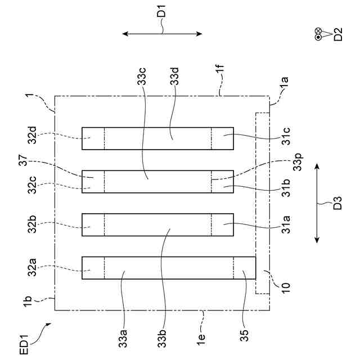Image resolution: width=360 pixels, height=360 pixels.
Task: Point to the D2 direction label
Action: (337, 35)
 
